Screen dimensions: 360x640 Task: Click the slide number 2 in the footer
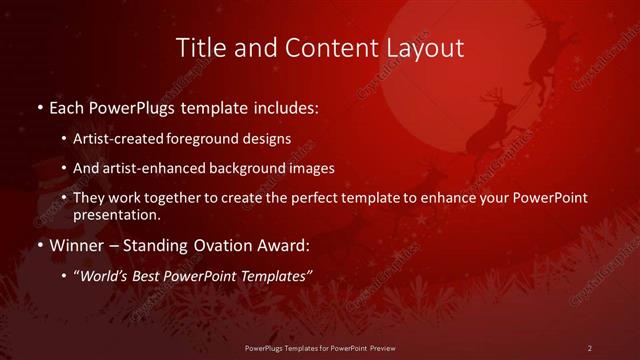(x=590, y=347)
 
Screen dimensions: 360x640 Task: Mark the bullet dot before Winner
(x=39, y=244)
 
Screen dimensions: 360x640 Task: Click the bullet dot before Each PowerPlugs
(x=39, y=105)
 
